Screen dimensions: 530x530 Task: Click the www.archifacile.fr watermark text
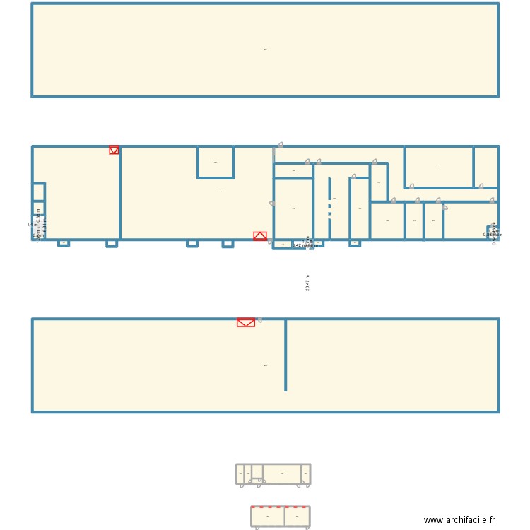pos(459,520)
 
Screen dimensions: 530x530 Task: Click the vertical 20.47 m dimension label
pos(307,283)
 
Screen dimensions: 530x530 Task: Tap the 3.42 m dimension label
pos(301,245)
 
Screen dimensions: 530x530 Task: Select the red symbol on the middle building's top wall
pos(114,150)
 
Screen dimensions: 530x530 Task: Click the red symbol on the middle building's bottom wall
pos(260,236)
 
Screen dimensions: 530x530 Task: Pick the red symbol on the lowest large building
pos(245,322)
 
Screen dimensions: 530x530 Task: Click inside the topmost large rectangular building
pos(265,50)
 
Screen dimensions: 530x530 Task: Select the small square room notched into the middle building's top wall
pos(216,162)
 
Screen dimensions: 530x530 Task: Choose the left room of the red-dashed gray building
pos(268,517)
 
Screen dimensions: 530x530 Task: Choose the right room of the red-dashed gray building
pos(297,517)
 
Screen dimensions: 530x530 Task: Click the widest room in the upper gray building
pos(281,473)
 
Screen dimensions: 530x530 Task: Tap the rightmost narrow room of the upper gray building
pos(305,473)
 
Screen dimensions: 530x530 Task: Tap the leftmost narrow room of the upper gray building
pos(240,473)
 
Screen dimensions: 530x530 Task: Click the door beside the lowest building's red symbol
pos(259,320)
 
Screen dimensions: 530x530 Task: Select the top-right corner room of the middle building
pos(485,167)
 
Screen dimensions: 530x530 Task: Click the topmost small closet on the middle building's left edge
pos(39,192)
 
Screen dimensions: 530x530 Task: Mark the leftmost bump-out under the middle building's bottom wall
pos(64,243)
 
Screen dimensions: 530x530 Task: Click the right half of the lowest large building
pos(392,365)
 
